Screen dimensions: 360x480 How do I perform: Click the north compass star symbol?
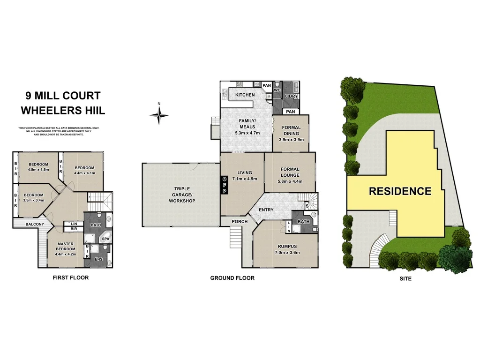(159, 114)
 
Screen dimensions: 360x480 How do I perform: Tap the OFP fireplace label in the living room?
(224, 185)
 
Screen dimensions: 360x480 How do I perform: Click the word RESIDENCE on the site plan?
(400, 191)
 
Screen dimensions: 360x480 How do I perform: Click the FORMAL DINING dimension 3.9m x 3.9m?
(291, 139)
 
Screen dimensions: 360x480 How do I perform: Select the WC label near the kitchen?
(277, 90)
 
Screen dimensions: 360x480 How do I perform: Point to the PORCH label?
(240, 221)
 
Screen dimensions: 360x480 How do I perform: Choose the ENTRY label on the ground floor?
(266, 210)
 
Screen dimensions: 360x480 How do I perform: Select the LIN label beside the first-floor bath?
(74, 224)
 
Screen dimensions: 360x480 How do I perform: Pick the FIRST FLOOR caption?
(70, 277)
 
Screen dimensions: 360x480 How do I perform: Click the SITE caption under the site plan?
(405, 278)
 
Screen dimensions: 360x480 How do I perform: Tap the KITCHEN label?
(245, 95)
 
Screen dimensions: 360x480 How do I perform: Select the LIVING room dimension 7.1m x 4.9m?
(242, 178)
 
